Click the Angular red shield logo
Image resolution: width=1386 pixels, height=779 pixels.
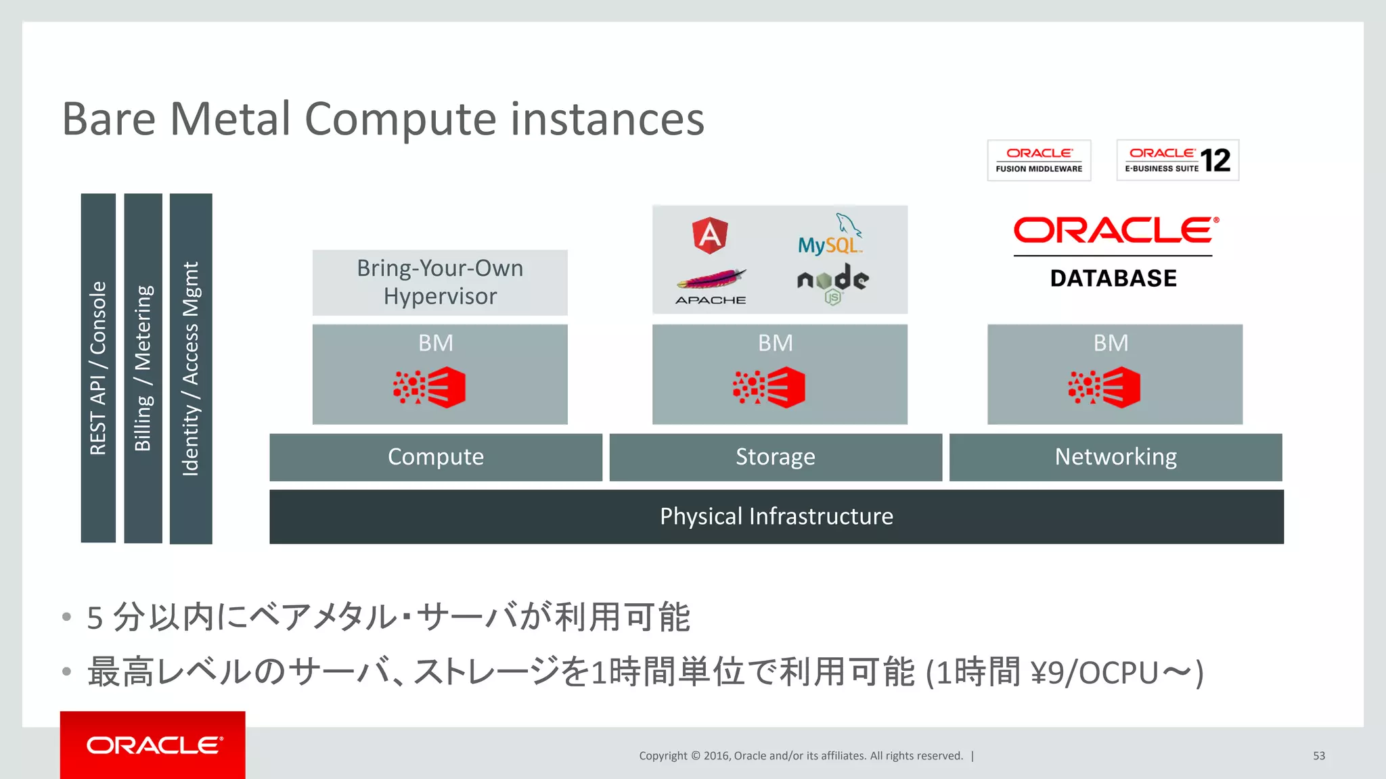click(709, 235)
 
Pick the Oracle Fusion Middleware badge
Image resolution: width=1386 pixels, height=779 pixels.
click(1039, 160)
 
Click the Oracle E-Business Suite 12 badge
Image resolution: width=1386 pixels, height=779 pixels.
click(1178, 160)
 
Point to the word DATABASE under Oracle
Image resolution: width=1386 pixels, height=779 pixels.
click(1113, 278)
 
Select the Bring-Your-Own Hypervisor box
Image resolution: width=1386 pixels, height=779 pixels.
click(440, 282)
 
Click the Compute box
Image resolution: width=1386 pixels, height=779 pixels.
click(436, 457)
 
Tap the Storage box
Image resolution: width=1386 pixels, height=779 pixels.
click(776, 457)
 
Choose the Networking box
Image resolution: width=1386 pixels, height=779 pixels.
click(1115, 457)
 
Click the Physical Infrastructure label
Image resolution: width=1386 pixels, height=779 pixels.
click(776, 517)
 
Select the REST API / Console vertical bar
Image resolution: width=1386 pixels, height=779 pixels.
click(98, 368)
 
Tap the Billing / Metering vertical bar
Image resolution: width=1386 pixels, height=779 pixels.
click(143, 368)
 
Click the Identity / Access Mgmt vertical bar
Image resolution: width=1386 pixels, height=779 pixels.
click(191, 369)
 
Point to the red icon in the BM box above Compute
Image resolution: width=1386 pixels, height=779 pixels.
click(429, 387)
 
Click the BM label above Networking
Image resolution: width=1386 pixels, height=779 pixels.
click(1111, 343)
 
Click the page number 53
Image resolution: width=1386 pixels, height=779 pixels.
click(1318, 755)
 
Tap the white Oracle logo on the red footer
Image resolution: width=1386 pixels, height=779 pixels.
click(154, 745)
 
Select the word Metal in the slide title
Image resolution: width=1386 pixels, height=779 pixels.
click(230, 119)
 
